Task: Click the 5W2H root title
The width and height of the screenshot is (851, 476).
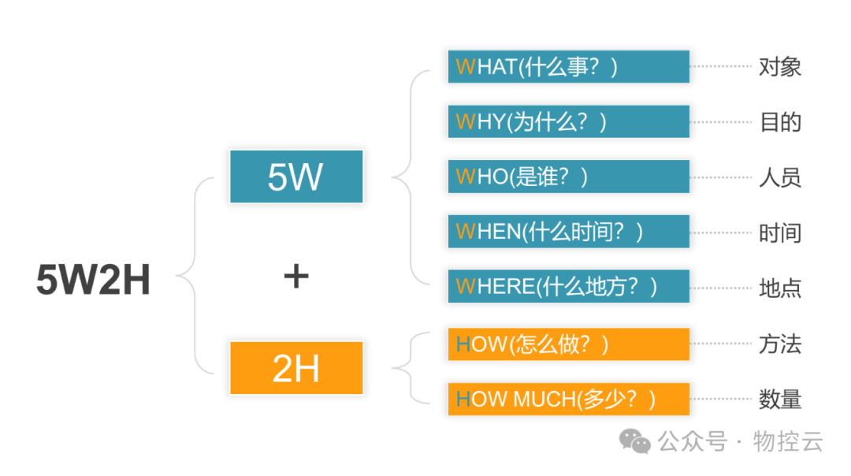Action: coord(93,280)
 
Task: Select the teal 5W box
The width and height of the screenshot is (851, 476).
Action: coord(296,177)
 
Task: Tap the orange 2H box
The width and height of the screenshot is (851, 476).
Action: coord(296,368)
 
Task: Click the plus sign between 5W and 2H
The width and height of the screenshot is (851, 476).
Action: coord(295,276)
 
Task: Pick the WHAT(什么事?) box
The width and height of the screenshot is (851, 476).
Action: coord(568,67)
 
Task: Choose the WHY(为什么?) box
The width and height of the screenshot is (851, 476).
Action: coord(568,122)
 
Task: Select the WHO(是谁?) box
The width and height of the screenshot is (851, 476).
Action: coord(568,177)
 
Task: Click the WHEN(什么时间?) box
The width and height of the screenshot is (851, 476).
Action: coord(568,232)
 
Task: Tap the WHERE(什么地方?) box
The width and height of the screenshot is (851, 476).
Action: coord(568,286)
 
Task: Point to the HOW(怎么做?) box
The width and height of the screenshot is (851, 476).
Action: coord(568,344)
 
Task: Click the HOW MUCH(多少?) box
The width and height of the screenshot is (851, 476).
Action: coord(568,399)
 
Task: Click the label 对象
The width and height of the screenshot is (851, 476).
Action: coord(780,67)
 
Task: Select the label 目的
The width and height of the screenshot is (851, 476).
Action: coord(780,122)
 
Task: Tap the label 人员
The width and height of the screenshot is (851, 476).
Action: coord(780,177)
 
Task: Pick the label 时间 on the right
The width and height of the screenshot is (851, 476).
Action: coord(780,232)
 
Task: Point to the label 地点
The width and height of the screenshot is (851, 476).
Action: coord(780,287)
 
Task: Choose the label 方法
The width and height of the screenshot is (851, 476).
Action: coord(780,344)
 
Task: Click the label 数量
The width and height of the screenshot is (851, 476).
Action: coord(780,400)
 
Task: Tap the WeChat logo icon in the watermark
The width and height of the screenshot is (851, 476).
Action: coord(635,441)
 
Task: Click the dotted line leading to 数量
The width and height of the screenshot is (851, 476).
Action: coord(721,399)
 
